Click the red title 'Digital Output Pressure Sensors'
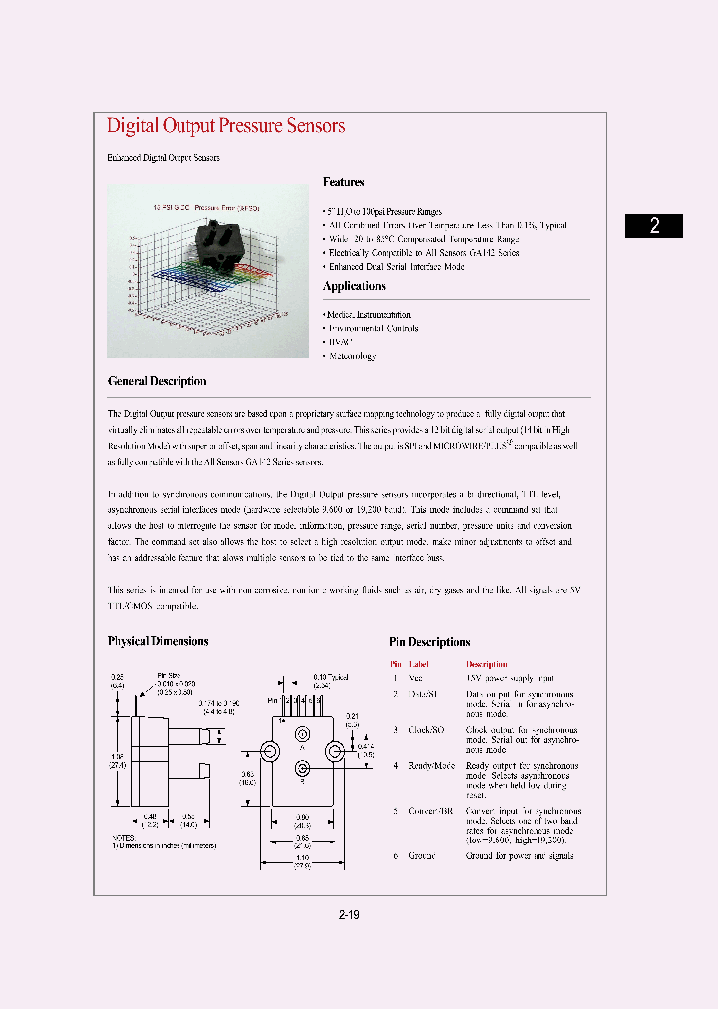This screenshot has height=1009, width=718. [x=225, y=126]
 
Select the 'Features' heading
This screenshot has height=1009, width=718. [x=343, y=182]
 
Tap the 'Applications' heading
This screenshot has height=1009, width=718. [x=354, y=286]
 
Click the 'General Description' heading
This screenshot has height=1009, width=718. [x=157, y=381]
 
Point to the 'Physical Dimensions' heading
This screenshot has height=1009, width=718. [x=158, y=641]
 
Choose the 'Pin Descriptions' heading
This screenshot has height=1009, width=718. [x=429, y=642]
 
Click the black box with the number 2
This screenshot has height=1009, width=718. [x=654, y=225]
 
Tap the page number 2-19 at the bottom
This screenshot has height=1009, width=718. [x=349, y=914]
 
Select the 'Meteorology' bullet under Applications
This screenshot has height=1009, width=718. [x=351, y=356]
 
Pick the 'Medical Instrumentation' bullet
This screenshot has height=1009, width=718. [x=368, y=315]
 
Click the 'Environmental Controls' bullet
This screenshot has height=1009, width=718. [x=372, y=328]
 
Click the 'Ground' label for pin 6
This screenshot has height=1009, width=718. [x=422, y=855]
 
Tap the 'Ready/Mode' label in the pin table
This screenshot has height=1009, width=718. [x=431, y=765]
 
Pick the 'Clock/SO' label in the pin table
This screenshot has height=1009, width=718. [x=427, y=729]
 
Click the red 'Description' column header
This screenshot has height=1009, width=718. [x=486, y=664]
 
